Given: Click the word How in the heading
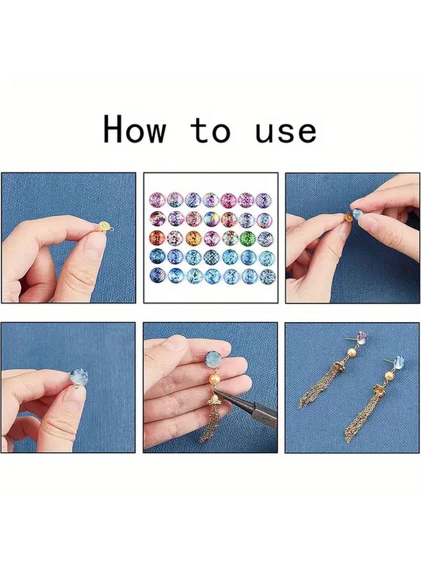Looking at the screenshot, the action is click(x=135, y=128).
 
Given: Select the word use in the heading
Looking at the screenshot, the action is click(x=286, y=132).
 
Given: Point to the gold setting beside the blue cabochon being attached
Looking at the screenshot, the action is click(x=348, y=218).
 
